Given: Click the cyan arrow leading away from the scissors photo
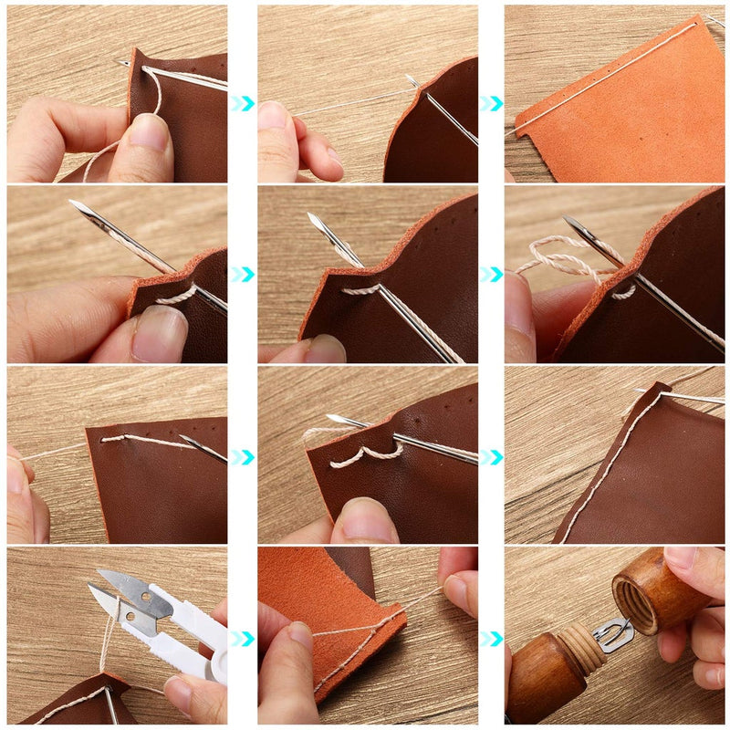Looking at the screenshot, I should coord(242,638).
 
